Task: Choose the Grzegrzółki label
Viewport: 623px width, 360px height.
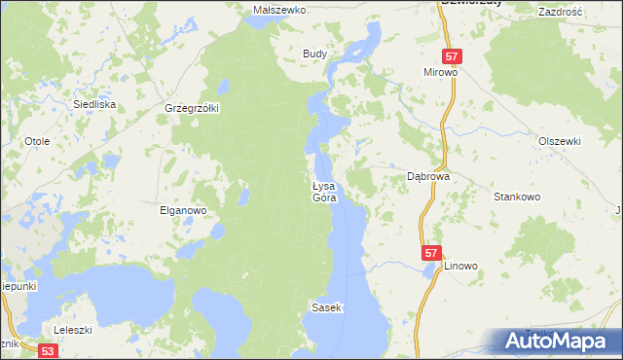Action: point(193,108)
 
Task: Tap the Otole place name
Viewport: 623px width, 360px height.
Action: point(37,141)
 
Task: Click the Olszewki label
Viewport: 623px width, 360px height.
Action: point(560,141)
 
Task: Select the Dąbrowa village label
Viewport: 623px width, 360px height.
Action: point(426,177)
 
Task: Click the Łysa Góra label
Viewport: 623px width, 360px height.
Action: point(323,192)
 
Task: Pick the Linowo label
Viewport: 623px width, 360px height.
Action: point(462,266)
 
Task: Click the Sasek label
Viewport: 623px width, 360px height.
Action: point(326,307)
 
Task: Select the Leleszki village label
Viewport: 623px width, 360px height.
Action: point(73,330)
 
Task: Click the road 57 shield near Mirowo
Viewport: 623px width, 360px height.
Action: point(451,57)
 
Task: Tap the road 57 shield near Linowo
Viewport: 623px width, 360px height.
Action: point(432,253)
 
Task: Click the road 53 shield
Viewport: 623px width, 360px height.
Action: point(49,349)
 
